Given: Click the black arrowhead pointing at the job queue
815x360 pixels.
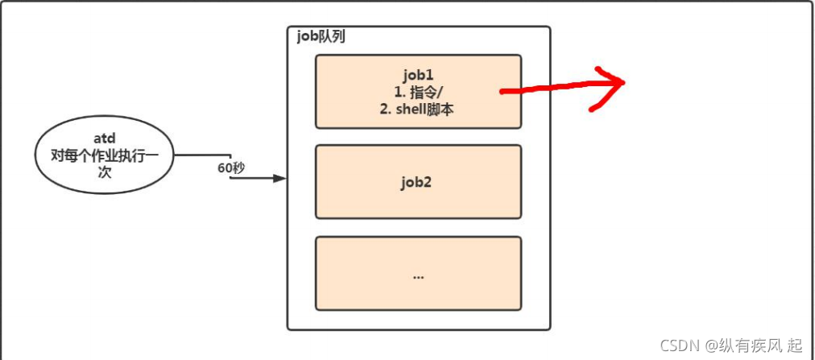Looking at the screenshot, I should pyautogui.click(x=279, y=178).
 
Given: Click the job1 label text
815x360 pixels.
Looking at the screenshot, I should pyautogui.click(x=417, y=75).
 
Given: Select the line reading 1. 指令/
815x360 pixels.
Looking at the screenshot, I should pyautogui.click(x=417, y=92).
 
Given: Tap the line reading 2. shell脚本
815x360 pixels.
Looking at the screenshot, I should pyautogui.click(x=417, y=109).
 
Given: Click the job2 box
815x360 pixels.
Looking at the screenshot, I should pyautogui.click(x=418, y=182).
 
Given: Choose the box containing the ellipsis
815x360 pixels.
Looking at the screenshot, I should pyautogui.click(x=418, y=274).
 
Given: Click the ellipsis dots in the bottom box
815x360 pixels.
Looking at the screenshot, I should pyautogui.click(x=418, y=275).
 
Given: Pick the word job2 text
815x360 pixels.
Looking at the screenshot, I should pyautogui.click(x=418, y=182).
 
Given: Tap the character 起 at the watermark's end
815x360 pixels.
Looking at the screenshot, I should pyautogui.click(x=796, y=345).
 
